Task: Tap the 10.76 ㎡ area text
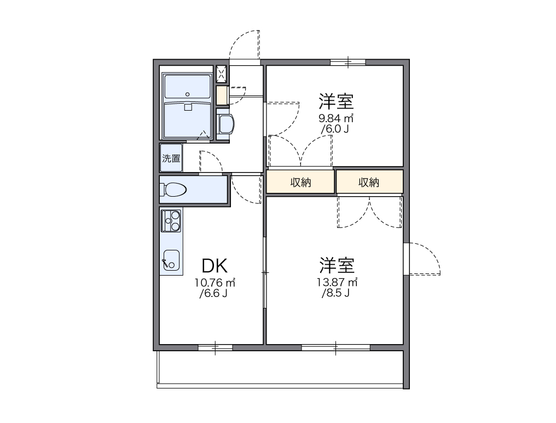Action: coord(215,283)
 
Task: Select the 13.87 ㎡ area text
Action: coord(337,282)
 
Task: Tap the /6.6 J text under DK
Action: coord(214,294)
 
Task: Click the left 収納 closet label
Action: coord(300,182)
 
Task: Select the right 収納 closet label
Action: coord(369,182)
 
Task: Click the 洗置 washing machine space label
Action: coord(171,158)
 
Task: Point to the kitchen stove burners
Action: coord(171,221)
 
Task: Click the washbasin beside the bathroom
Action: coord(225,124)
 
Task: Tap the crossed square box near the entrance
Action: coord(222,74)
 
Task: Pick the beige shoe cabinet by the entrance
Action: coord(222,95)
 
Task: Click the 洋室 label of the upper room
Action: coord(337,101)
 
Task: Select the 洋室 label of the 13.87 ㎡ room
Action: coord(337,265)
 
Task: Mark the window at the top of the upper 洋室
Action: coord(348,62)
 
